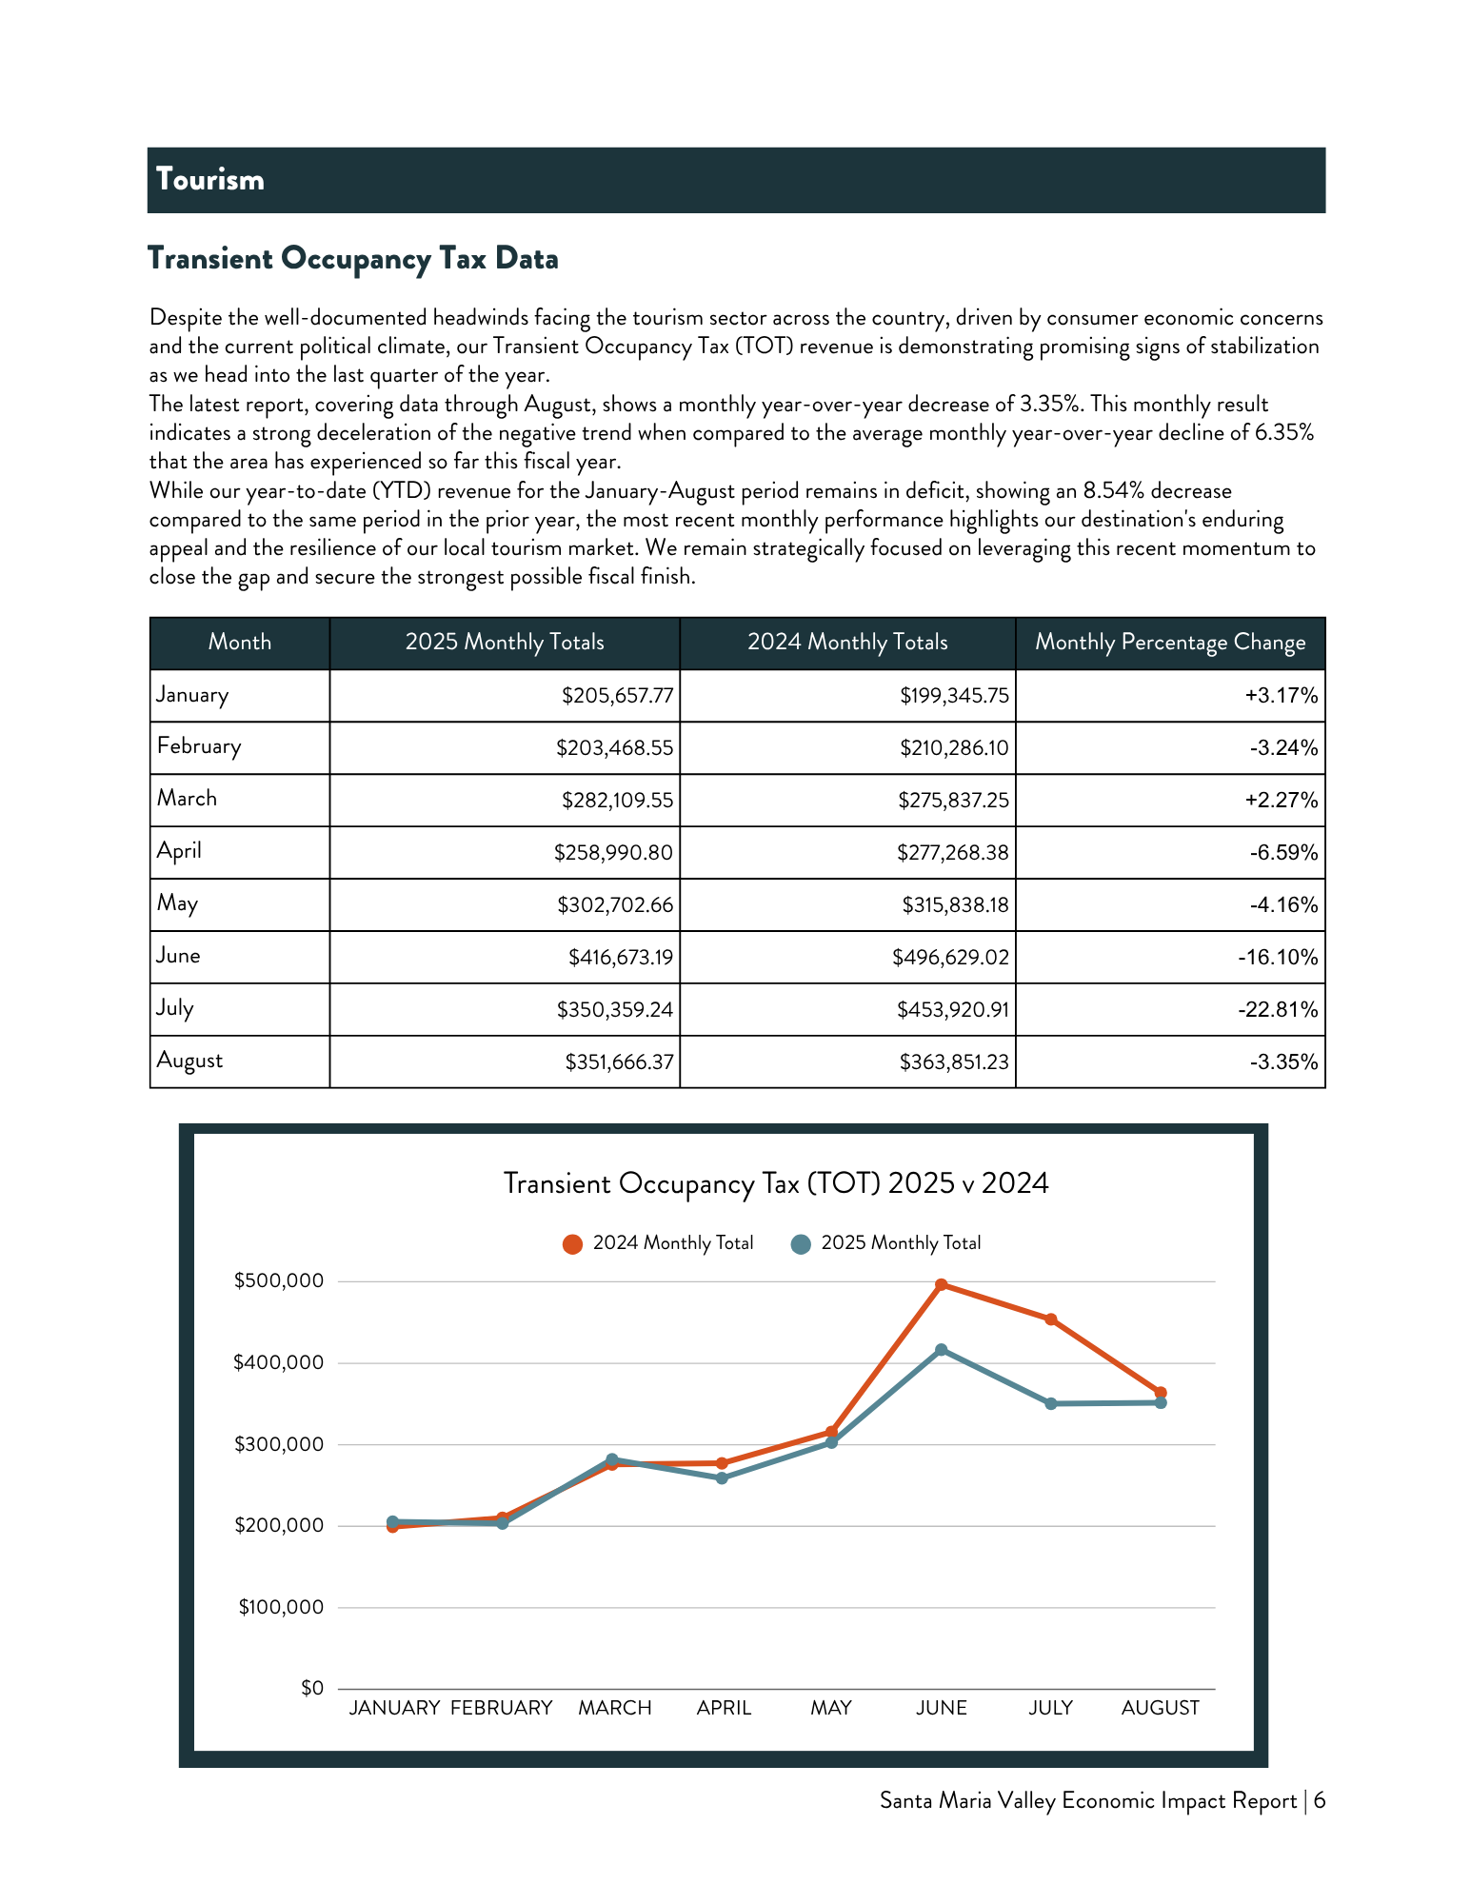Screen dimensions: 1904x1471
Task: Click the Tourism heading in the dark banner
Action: (x=210, y=179)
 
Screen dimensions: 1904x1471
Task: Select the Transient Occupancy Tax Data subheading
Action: (x=352, y=259)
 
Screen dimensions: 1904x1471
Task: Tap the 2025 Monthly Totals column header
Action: (x=505, y=643)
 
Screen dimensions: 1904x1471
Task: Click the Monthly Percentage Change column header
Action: (x=1170, y=643)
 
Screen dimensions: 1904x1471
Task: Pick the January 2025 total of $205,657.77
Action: (x=617, y=696)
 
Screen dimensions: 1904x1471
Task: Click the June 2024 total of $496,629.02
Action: (x=950, y=958)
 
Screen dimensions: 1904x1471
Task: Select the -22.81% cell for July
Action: (x=1278, y=1010)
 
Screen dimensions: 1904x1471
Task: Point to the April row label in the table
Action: (x=179, y=851)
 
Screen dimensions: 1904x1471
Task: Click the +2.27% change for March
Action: (x=1282, y=801)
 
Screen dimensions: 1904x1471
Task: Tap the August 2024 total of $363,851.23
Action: (x=954, y=1062)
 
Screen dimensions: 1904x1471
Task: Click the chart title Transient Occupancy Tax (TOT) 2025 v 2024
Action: (x=776, y=1183)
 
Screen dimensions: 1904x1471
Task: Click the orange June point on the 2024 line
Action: (x=942, y=1285)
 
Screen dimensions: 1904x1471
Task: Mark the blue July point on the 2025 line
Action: (x=1051, y=1404)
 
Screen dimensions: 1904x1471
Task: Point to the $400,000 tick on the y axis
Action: (x=279, y=1363)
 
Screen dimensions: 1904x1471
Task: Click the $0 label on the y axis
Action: (x=312, y=1688)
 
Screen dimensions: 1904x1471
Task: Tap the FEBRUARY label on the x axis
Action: (x=502, y=1708)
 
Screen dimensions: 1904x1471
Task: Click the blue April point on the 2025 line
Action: (x=722, y=1478)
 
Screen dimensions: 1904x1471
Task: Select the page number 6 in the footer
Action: (x=1320, y=1801)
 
